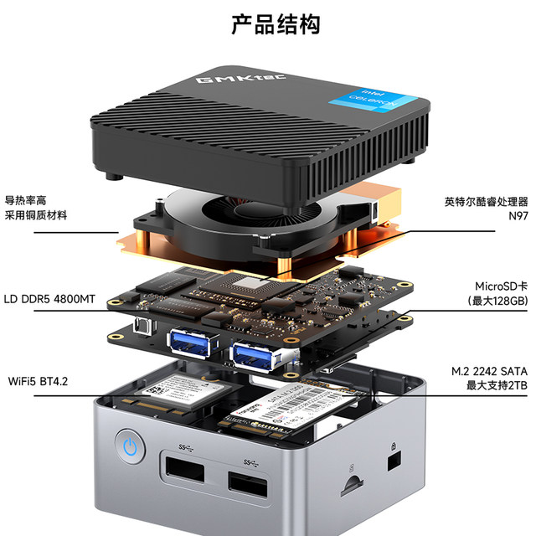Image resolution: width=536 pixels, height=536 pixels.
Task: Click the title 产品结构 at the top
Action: click(276, 24)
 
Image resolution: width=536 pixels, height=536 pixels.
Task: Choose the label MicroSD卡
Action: click(498, 286)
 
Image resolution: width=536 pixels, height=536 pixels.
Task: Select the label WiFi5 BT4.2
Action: click(38, 382)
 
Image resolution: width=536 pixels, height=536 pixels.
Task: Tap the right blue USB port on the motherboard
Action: click(254, 354)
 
